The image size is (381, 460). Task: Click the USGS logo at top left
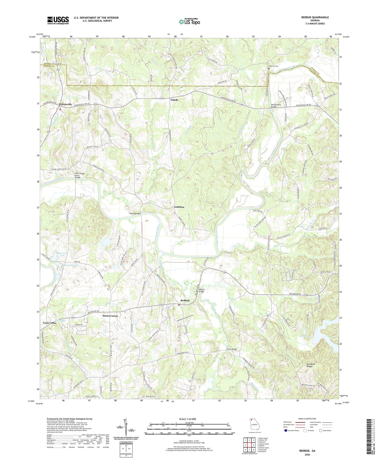click(x=58, y=20)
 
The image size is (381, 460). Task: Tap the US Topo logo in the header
click(x=189, y=22)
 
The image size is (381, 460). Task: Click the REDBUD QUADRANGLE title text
click(x=315, y=17)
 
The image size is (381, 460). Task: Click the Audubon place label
click(x=179, y=207)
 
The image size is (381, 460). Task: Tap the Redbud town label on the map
click(x=185, y=301)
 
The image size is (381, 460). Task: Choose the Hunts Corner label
click(x=110, y=316)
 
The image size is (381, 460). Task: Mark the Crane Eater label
click(x=50, y=323)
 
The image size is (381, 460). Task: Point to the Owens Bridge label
click(x=134, y=213)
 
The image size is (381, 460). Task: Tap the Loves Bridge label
click(x=232, y=349)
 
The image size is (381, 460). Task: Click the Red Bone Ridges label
click(x=311, y=365)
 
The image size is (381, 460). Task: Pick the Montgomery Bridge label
click(x=276, y=106)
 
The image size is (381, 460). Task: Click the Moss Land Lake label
click(x=62, y=254)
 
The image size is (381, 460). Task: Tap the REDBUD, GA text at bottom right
click(x=307, y=451)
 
